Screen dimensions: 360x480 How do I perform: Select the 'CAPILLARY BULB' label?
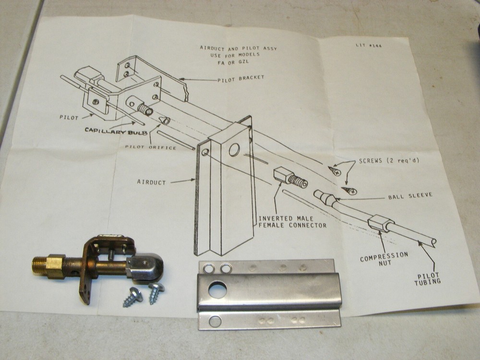[116, 131]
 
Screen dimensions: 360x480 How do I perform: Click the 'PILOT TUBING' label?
[427, 280]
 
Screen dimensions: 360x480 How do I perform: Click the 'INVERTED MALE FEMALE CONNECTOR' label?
[292, 222]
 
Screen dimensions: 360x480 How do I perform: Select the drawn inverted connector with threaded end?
[290, 177]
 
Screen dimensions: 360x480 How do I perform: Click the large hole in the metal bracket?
[217, 290]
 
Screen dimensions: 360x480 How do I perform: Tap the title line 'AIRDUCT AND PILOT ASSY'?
[238, 48]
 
